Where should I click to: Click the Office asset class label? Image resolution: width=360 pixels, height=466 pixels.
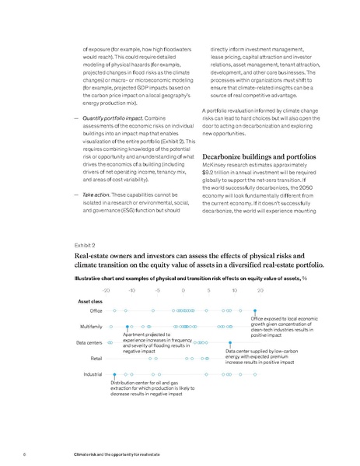point(97,310)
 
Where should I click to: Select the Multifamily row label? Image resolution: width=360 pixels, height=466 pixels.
point(92,326)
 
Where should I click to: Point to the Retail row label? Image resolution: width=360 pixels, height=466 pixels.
point(97,358)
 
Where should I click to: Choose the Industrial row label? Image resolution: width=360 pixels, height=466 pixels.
point(93,374)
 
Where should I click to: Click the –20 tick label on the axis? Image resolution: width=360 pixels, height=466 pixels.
point(106,289)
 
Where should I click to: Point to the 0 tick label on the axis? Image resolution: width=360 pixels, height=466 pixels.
point(183,289)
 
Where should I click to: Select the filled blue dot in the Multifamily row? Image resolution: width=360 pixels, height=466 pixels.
point(128,326)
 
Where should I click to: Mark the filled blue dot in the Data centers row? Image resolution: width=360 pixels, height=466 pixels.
point(231,342)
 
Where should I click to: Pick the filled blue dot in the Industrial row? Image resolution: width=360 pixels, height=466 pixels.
point(114,374)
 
